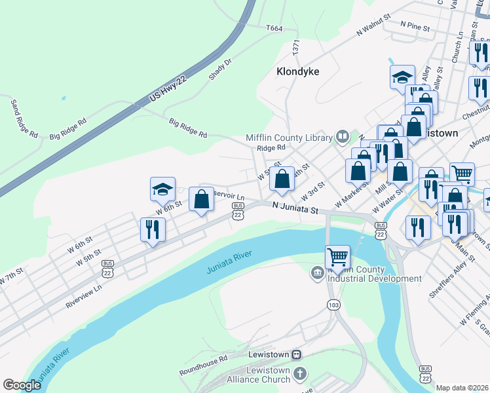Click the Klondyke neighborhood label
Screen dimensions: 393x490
point(297,71)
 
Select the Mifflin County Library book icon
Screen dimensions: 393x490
point(342,137)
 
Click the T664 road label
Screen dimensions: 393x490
point(274,28)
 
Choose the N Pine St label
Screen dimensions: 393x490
point(414,28)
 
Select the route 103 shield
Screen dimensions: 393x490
point(334,305)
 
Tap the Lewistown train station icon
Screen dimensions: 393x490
point(297,354)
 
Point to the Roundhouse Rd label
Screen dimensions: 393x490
point(203,364)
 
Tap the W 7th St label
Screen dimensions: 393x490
point(12,276)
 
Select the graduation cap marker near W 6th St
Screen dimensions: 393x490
point(162,190)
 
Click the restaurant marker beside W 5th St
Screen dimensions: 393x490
point(153,230)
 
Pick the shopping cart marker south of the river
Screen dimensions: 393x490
point(337,257)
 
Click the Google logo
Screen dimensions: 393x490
point(22,385)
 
